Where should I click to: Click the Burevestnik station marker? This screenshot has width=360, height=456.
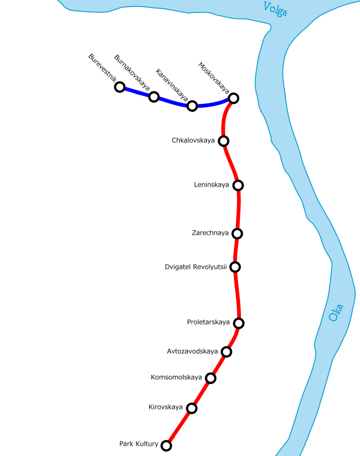(120, 87)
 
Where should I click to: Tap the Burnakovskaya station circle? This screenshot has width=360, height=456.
(154, 97)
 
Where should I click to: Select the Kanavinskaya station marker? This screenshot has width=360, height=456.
(192, 105)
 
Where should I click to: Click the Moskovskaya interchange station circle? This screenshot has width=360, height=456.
(233, 98)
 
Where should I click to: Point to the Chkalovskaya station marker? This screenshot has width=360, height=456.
(224, 141)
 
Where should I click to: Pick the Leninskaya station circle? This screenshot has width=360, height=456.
(238, 186)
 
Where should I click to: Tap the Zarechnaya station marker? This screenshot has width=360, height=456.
(237, 234)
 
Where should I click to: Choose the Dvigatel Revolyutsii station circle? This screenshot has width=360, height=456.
(235, 267)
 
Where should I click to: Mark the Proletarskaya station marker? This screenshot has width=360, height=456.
(239, 323)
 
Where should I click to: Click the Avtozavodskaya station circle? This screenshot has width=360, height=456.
(227, 352)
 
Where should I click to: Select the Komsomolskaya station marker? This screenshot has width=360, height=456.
(211, 378)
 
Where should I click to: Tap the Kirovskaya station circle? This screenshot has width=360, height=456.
(192, 408)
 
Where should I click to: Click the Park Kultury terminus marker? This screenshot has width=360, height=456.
(167, 446)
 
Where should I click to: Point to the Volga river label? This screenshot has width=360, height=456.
(275, 9)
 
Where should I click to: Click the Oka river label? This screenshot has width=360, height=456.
(336, 312)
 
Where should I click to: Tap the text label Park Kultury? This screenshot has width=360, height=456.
(139, 444)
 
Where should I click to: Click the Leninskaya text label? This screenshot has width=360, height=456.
(211, 185)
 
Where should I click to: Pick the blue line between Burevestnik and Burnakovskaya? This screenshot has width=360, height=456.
(136, 92)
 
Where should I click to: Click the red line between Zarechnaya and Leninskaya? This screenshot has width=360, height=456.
(238, 210)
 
